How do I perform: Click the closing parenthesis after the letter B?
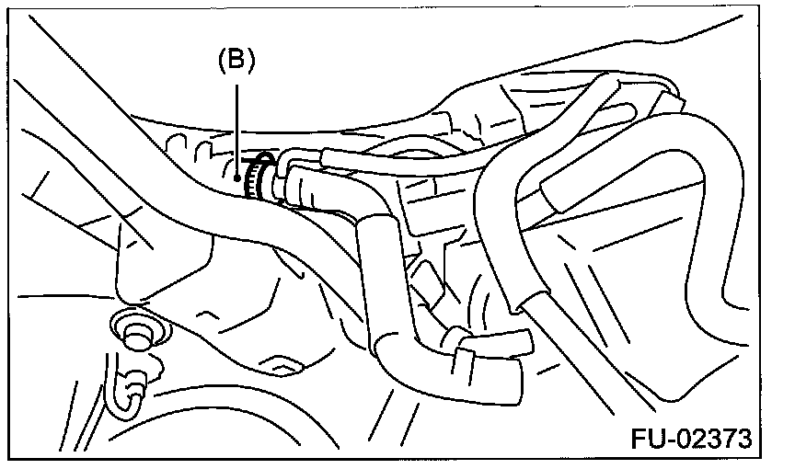pyautogui.click(x=250, y=62)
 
